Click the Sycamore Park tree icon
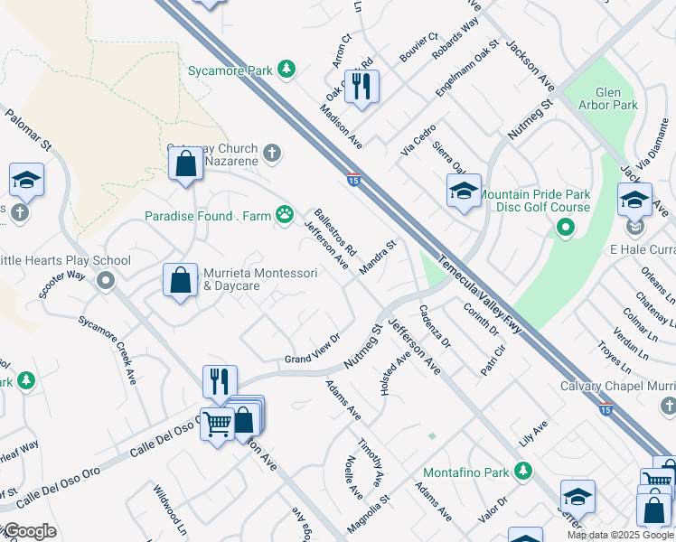coord(286,69)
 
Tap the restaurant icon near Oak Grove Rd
coord(361,87)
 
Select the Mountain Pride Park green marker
coord(566,229)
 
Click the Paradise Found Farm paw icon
coord(285,215)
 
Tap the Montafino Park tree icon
coord(522,472)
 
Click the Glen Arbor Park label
coord(616,98)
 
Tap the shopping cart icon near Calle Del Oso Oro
coord(217,422)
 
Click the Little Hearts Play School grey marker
coord(106,280)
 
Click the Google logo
coord(29,531)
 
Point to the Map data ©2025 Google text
coord(619,535)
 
